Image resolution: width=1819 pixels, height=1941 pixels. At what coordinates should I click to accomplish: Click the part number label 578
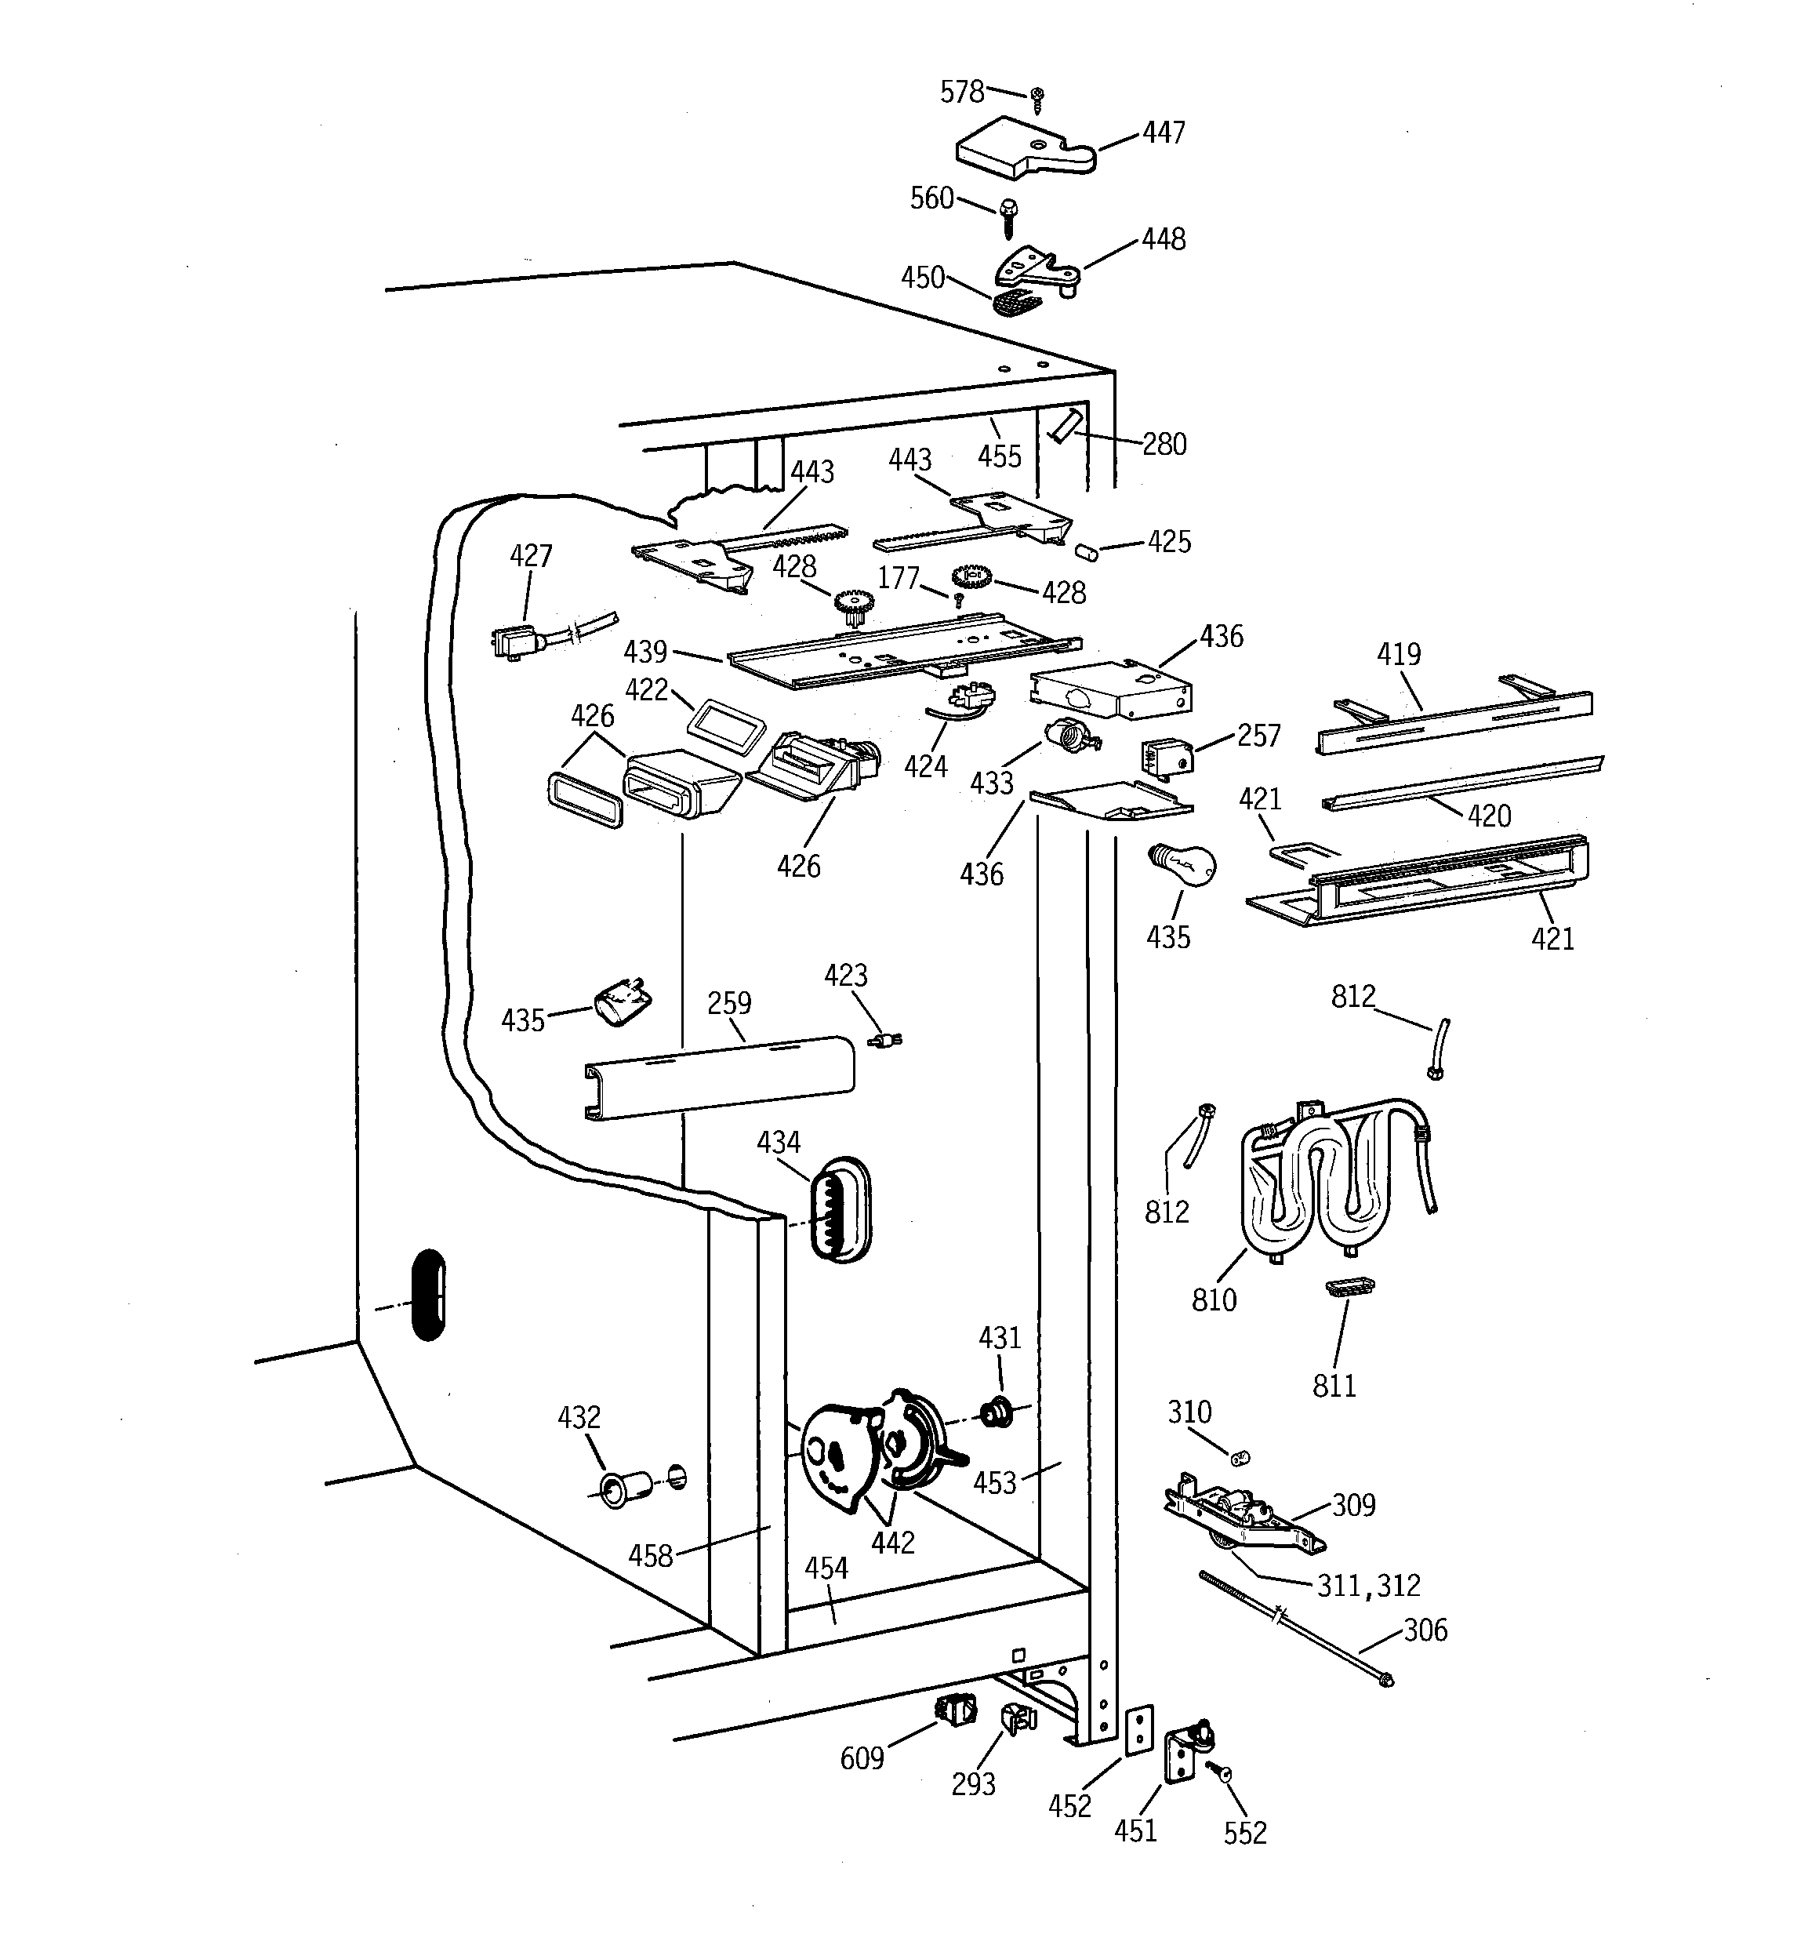tap(962, 92)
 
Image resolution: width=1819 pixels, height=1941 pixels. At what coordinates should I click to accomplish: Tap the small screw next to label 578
tap(1037, 97)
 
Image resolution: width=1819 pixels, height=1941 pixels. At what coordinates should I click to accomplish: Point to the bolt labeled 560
tap(1008, 216)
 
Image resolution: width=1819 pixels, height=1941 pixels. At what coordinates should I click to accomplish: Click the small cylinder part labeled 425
tap(1086, 553)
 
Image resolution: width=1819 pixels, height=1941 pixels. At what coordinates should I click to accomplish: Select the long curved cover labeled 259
tap(720, 1077)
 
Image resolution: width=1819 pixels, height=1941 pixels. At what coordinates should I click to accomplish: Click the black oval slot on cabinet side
tap(430, 1295)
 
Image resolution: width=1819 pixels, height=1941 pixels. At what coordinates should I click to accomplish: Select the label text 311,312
tap(1369, 1586)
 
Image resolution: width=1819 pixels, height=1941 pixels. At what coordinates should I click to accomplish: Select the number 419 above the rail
tap(1398, 654)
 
